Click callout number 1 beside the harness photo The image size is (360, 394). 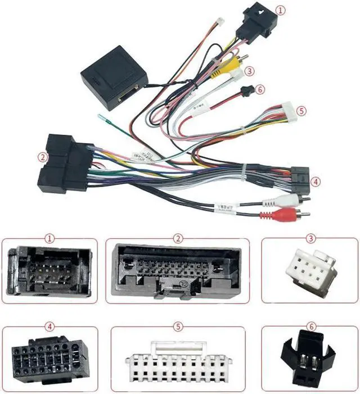pos(281,10)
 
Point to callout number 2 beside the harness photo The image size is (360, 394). pos(42,157)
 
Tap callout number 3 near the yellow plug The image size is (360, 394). pos(249,71)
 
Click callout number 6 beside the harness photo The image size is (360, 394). pos(259,89)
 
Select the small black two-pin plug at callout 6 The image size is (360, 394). pos(245,91)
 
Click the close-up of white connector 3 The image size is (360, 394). pos(310,273)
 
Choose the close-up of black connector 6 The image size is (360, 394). pos(309,356)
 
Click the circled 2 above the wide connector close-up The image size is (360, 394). pos(178,238)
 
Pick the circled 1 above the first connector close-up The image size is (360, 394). pos(51,238)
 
